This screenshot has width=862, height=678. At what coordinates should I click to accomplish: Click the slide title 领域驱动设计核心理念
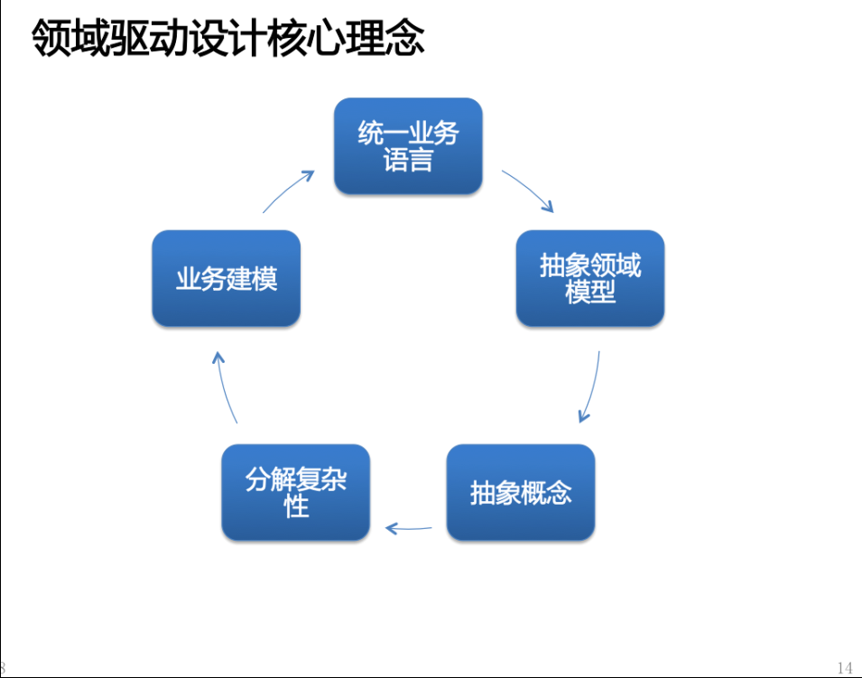(x=227, y=37)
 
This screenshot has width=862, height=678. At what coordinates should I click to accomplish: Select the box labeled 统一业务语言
(x=408, y=145)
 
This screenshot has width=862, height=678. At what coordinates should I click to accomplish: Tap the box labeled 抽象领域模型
(x=590, y=278)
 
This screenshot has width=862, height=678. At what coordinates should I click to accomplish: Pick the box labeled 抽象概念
(x=521, y=492)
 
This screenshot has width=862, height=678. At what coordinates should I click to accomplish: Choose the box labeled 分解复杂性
(x=296, y=492)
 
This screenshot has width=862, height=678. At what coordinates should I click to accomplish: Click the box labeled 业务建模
(x=226, y=278)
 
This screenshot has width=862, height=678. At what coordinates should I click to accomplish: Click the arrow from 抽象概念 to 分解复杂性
(x=409, y=529)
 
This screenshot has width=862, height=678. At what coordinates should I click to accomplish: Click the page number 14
(x=845, y=667)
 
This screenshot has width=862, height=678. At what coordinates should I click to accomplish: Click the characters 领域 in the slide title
(x=70, y=37)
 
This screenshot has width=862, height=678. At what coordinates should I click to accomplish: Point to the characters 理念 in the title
(x=385, y=37)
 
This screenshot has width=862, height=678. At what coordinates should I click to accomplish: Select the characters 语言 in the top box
(x=408, y=160)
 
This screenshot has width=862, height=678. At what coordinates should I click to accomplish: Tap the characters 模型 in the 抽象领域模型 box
(x=590, y=292)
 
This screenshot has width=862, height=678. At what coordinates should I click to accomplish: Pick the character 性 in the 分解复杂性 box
(x=296, y=506)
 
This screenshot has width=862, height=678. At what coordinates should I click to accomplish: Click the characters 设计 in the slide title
(x=227, y=37)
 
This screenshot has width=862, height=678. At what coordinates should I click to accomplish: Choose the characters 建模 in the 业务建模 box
(x=252, y=278)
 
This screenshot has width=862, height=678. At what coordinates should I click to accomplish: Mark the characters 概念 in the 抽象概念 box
(x=546, y=492)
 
